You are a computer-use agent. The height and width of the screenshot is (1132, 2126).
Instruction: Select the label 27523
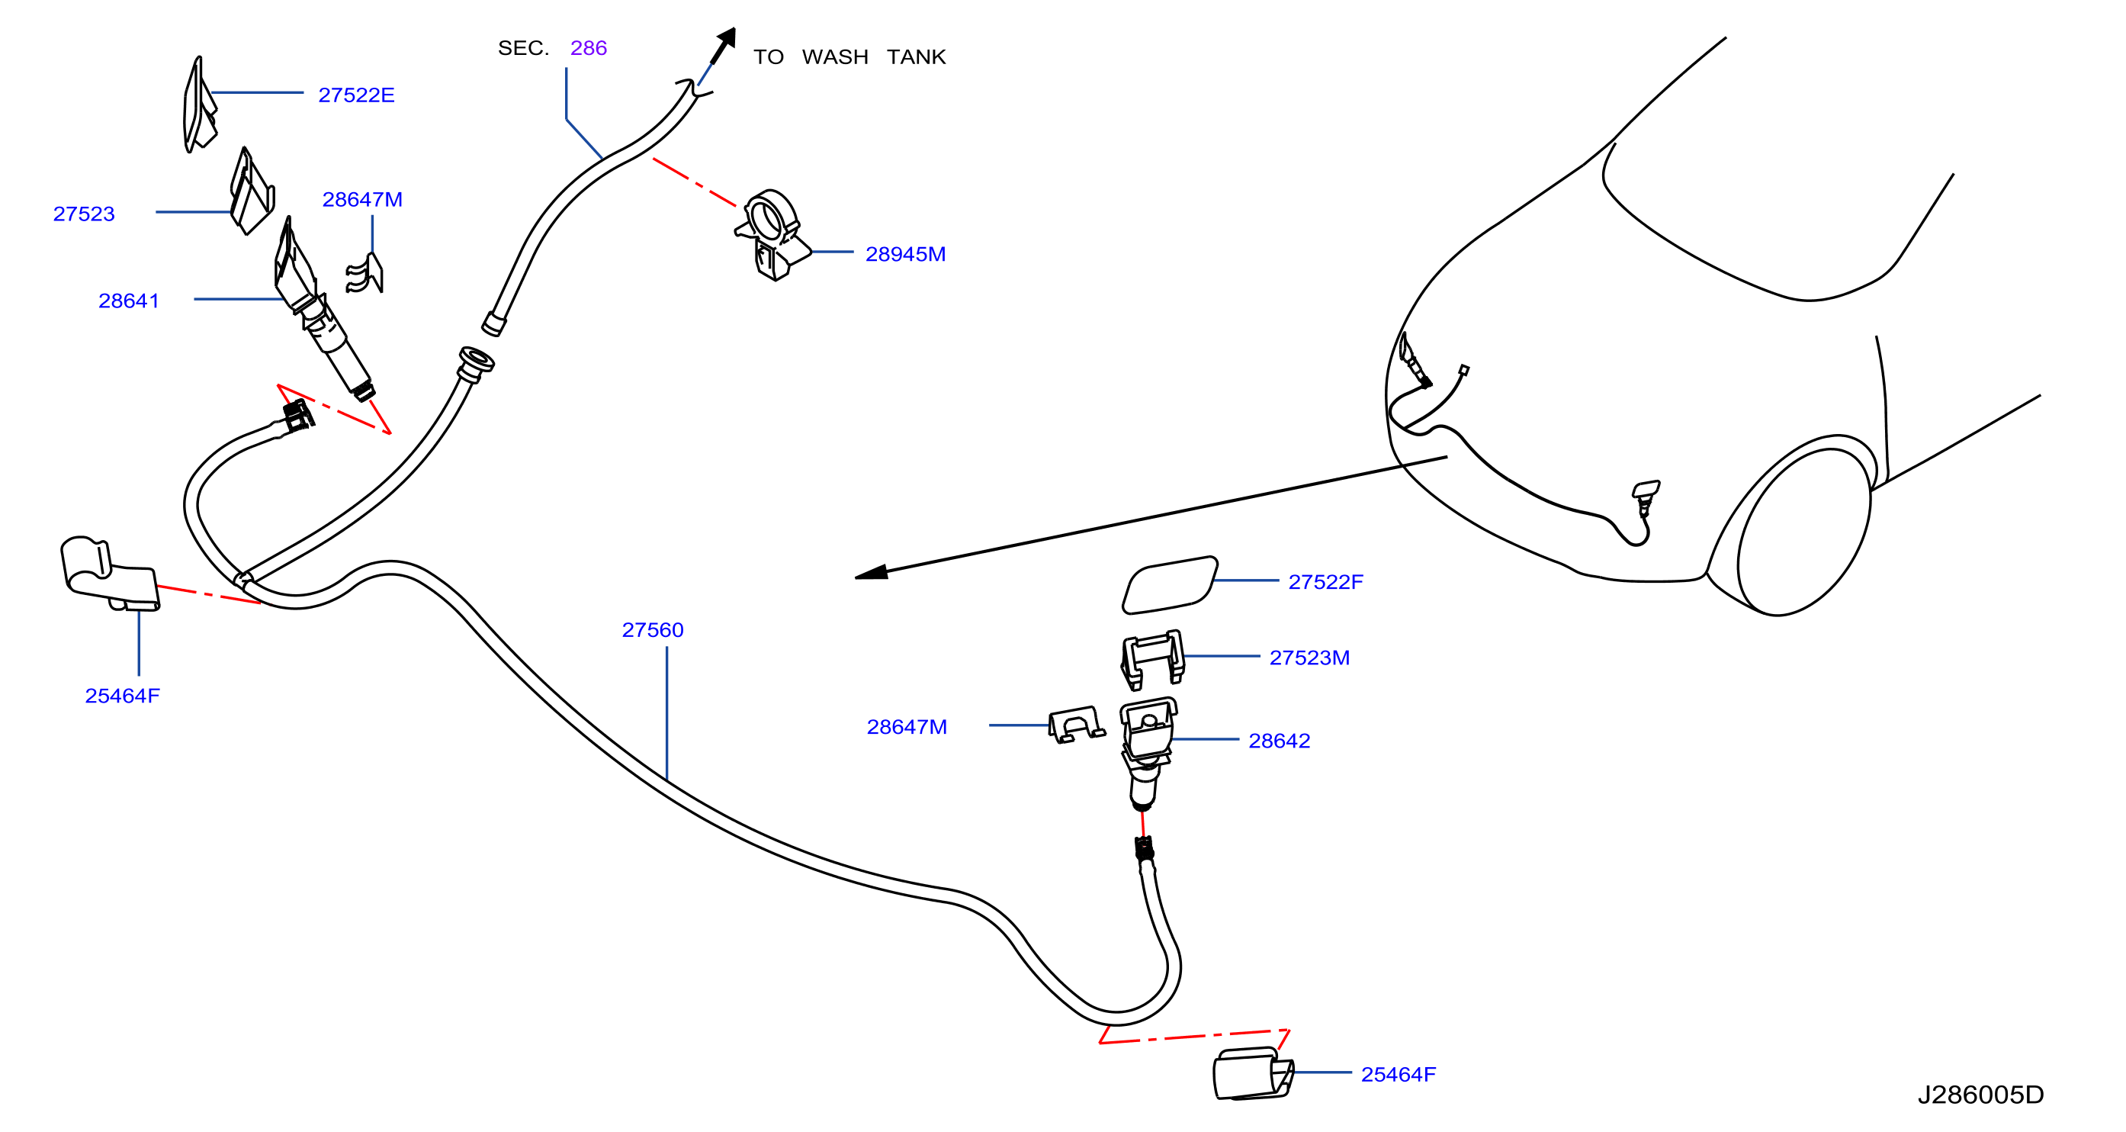83,214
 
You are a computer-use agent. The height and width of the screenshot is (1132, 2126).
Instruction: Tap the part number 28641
129,301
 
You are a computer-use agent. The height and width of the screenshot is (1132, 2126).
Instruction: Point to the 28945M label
905,254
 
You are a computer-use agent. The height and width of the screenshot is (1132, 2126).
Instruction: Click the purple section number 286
589,48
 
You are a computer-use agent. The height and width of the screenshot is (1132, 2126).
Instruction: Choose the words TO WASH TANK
849,57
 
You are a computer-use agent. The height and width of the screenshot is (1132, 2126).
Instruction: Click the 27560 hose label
653,630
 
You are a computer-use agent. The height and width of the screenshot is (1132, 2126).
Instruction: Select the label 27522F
1325,582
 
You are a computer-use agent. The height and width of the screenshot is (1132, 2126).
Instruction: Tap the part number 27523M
1309,658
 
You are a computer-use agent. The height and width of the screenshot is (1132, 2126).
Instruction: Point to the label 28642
1280,741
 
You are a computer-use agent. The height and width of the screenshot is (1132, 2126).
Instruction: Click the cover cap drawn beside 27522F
1170,585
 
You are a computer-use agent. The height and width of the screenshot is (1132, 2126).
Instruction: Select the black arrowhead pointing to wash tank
724,43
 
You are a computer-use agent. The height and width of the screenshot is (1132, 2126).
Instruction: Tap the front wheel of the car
1804,532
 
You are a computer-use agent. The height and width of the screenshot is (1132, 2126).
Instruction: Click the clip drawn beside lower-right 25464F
1253,1074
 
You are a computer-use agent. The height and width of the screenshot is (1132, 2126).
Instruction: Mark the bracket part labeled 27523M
1152,659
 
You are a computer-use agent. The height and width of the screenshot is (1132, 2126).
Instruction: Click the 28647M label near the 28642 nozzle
906,728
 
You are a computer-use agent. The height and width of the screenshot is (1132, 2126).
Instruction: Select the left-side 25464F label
122,696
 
